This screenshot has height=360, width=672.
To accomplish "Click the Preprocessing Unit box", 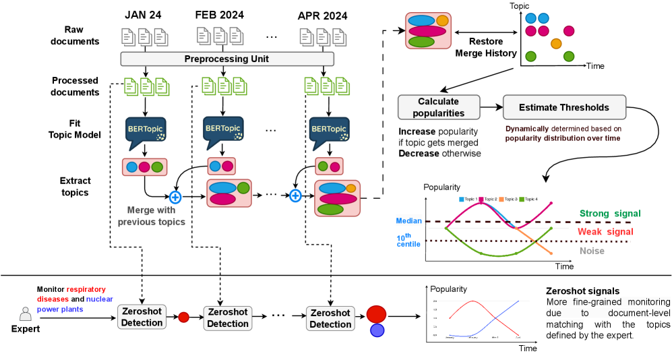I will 226,59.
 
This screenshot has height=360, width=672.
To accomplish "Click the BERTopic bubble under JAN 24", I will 144,131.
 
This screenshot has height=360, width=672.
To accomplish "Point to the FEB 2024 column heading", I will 219,14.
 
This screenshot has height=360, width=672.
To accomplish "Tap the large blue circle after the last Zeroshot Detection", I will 377,330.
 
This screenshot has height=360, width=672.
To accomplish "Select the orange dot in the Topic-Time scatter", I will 556,44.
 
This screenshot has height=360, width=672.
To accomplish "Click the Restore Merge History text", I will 487,47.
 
